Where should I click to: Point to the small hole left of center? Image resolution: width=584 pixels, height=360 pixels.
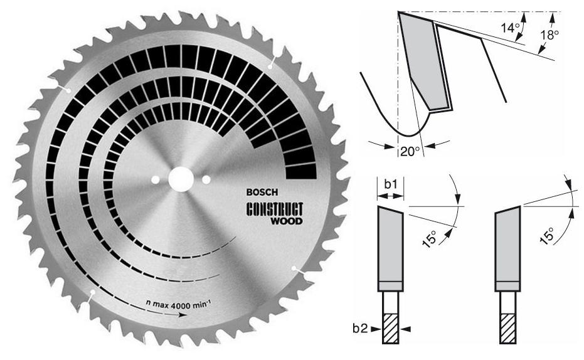point(155,181)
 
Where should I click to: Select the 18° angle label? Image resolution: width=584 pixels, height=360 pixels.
point(549,35)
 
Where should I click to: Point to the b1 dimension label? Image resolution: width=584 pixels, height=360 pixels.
point(391,184)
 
